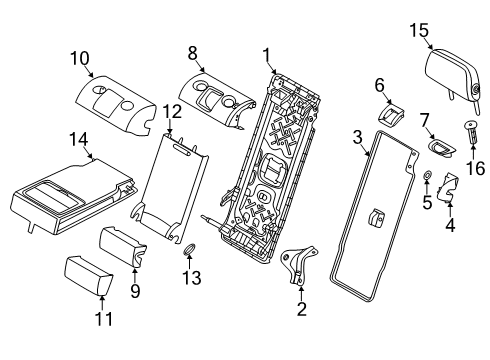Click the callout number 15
[418, 30]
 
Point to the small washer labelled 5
[427, 178]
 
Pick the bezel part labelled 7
[439, 148]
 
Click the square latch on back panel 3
[379, 217]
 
